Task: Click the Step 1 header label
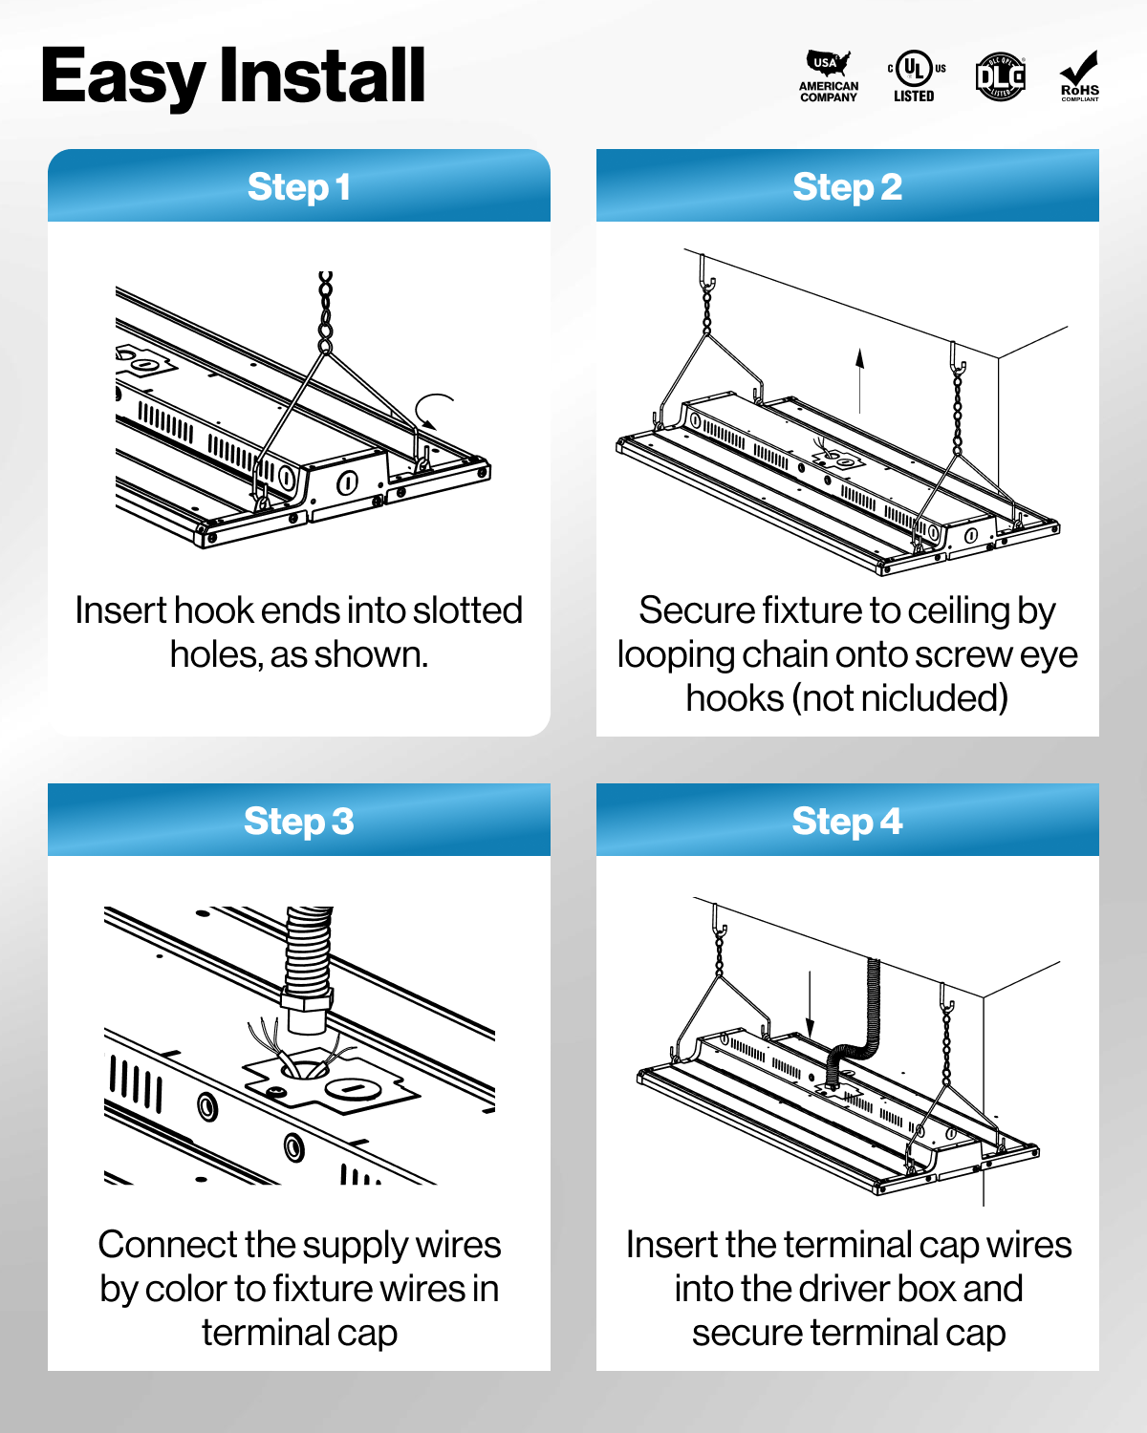tap(298, 187)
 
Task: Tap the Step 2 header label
tap(847, 187)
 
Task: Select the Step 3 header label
tap(298, 822)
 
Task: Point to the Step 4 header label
tap(847, 822)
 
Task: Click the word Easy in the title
tap(122, 76)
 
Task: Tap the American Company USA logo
tap(828, 76)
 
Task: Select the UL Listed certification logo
tap(915, 76)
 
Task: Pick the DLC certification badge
tap(1000, 76)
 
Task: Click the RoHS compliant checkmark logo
tap(1079, 76)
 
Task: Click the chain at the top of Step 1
tap(326, 310)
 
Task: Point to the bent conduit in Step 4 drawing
tap(865, 1032)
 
